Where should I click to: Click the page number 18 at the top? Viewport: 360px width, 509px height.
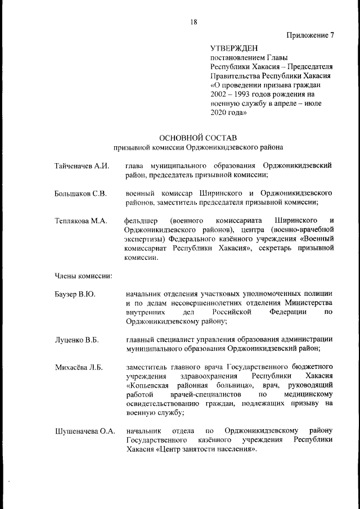click(x=193, y=22)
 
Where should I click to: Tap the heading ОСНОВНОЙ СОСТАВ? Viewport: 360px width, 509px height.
click(x=198, y=138)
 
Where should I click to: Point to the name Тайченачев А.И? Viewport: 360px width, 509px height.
click(x=81, y=166)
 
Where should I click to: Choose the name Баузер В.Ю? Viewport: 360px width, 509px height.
click(x=75, y=295)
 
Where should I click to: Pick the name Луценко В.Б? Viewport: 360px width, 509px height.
click(x=76, y=340)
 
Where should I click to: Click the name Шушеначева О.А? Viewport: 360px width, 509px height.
click(x=84, y=431)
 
